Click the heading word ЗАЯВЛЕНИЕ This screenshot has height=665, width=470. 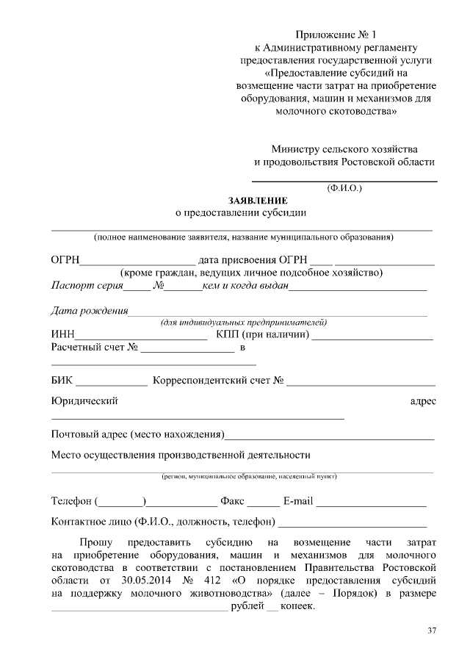pyautogui.click(x=258, y=201)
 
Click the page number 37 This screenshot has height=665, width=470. pyautogui.click(x=432, y=631)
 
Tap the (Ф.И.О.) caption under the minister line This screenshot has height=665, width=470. pyautogui.click(x=344, y=187)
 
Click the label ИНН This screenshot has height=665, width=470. pyautogui.click(x=62, y=336)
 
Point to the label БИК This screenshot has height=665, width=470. pyautogui.click(x=62, y=381)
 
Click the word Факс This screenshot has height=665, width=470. pyautogui.click(x=232, y=502)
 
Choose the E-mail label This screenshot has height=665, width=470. pyautogui.click(x=298, y=502)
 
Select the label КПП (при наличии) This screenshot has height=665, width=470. pyautogui.click(x=263, y=336)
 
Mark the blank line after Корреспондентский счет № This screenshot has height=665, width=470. pyautogui.click(x=361, y=384)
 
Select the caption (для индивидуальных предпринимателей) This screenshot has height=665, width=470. pyautogui.click(x=243, y=323)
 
